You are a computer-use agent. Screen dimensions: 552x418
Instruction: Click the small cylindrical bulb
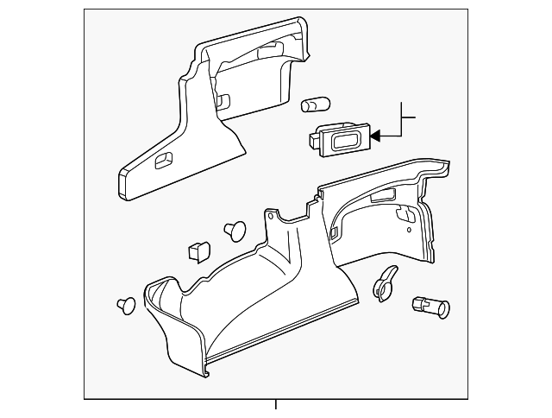click(316, 106)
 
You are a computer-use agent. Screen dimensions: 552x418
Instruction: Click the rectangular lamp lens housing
click(343, 138)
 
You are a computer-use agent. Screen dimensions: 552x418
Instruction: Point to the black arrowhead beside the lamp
click(375, 134)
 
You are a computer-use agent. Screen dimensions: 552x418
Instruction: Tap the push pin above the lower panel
click(234, 229)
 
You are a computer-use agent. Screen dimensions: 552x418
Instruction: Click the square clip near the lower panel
click(198, 250)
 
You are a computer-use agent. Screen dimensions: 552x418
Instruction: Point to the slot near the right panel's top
click(379, 201)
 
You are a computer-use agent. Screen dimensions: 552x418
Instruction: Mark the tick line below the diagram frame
click(275, 406)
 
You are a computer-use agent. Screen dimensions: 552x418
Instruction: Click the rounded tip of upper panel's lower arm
click(124, 180)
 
